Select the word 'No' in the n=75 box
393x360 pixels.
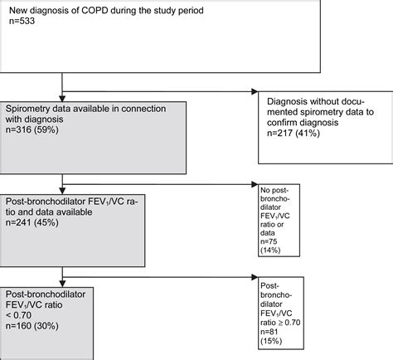click(x=266, y=189)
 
